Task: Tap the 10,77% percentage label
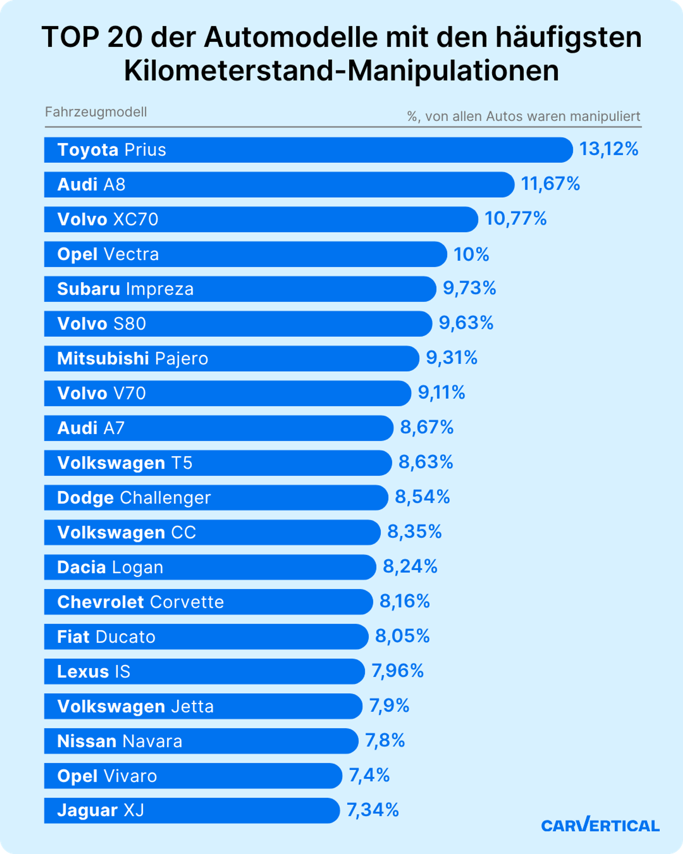pyautogui.click(x=515, y=219)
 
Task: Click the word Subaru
pyautogui.click(x=88, y=289)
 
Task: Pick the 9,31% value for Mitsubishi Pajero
pyautogui.click(x=451, y=358)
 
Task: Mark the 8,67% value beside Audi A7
pyautogui.click(x=426, y=427)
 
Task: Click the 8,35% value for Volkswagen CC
pyautogui.click(x=414, y=532)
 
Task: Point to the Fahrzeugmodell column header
pyautogui.click(x=96, y=112)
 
